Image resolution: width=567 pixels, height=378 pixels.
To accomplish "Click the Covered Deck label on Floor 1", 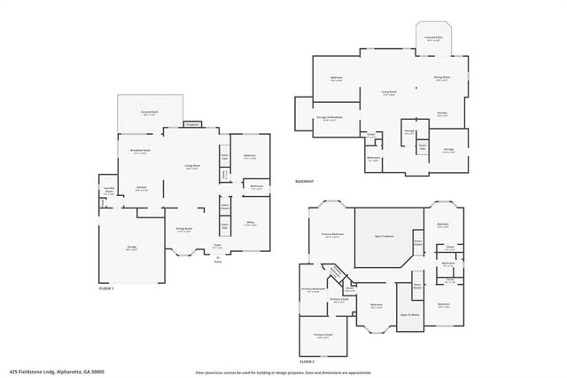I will point(149,113).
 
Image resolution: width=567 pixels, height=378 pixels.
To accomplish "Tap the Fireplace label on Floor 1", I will point(191,124).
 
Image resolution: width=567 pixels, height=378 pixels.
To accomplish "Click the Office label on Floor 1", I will point(251,223).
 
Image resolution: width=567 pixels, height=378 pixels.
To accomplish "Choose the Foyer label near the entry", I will point(217,247).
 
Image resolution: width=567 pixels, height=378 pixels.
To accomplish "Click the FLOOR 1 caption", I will point(107,289).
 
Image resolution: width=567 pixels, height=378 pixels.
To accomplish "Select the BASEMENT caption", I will point(306,182).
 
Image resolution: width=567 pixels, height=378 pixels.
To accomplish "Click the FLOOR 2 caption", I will point(307,362).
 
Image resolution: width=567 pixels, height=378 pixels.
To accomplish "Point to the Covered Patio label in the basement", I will point(433,38).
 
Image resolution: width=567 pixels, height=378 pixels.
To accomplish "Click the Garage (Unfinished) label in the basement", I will point(330,117).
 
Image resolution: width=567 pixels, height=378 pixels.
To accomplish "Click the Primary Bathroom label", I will point(315,288).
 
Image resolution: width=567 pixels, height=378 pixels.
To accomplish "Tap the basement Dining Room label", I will point(440,78).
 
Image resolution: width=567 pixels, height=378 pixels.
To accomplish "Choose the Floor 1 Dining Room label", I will point(185,229).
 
